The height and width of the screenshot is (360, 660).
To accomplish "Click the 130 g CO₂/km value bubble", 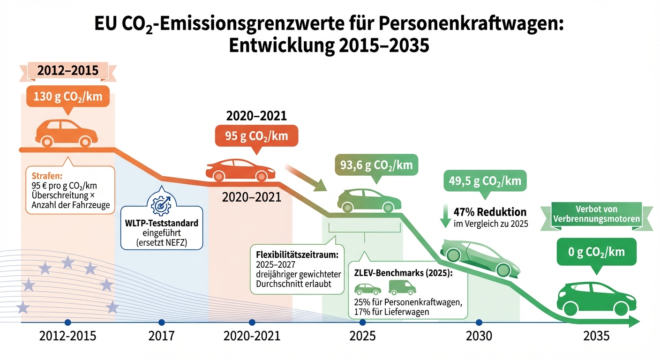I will click(68, 98).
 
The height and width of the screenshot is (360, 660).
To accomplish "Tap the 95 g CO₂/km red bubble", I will click(256, 137).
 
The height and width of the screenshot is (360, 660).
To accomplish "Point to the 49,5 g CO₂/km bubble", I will click(485, 180).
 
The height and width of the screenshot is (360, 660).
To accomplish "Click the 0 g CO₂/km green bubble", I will click(597, 252).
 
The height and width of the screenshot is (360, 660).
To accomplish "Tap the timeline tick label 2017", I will click(162, 337).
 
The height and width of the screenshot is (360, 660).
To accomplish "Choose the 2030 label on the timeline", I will click(479, 337).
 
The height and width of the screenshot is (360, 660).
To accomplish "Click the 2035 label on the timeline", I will click(597, 337).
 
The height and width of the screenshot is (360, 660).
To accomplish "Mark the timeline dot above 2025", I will click(362, 322).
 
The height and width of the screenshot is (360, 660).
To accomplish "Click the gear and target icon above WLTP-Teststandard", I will click(162, 202).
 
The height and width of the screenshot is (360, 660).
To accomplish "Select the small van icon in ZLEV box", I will click(402, 287).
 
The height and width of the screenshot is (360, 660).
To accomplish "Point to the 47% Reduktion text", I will click(490, 212).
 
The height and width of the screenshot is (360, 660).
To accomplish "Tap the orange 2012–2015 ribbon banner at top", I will click(68, 71).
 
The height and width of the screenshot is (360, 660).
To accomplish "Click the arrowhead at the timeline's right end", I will click(634, 322).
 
